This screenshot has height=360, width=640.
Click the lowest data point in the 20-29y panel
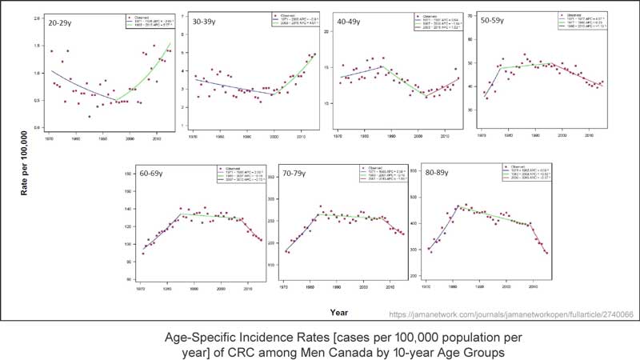90,117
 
